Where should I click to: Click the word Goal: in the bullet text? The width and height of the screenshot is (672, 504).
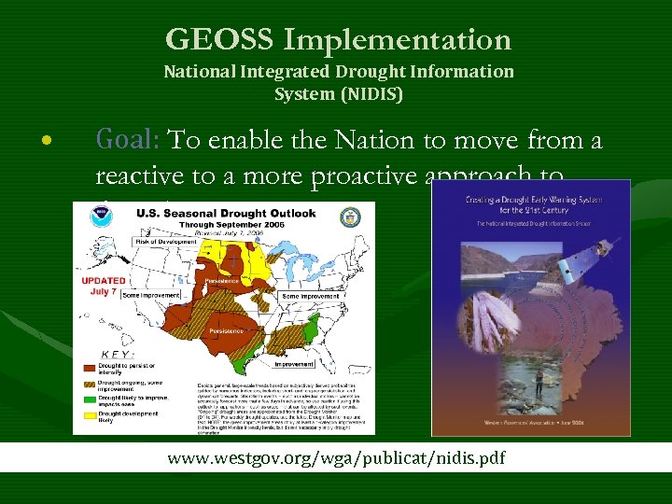[x=130, y=140]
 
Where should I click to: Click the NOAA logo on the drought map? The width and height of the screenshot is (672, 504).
[x=99, y=217]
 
